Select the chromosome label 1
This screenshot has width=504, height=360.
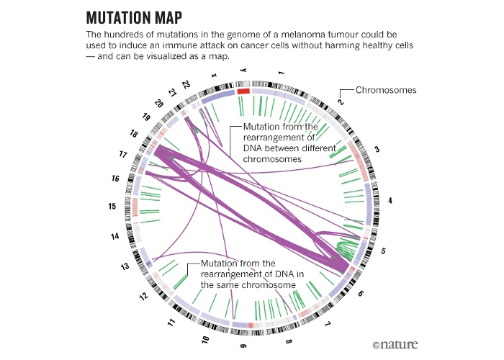[282, 73]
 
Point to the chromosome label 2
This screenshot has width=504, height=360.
[341, 102]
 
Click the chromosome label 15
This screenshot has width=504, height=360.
[112, 207]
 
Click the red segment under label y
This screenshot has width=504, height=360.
[243, 91]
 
